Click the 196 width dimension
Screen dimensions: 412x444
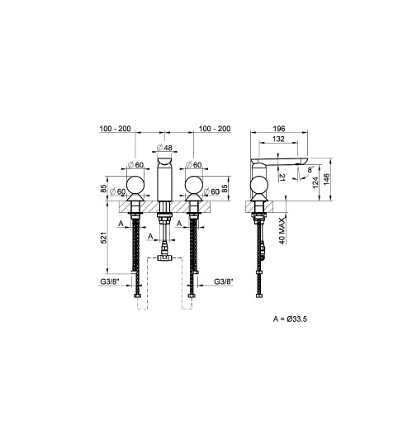click(279, 129)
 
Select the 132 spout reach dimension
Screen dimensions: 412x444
click(278, 139)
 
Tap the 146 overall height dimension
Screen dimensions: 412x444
click(326, 180)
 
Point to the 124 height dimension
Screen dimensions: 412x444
click(315, 182)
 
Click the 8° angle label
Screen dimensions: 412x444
click(311, 169)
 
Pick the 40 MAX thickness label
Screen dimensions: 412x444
click(282, 231)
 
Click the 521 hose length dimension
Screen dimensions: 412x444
click(103, 238)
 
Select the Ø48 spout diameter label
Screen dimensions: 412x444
click(164, 148)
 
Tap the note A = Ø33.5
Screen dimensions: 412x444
click(290, 319)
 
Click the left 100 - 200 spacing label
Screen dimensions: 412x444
click(115, 129)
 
